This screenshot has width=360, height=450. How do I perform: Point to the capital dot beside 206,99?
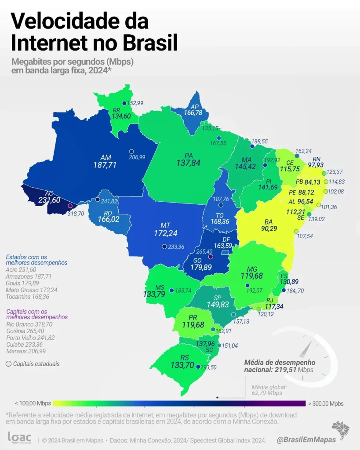pyautogui.click(x=131, y=152)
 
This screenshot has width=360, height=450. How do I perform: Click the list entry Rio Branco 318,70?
pyautogui.click(x=30, y=324)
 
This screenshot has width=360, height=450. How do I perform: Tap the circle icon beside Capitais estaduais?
pyautogui.click(x=9, y=364)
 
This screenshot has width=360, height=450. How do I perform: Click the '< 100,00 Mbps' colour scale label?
pyautogui.click(x=33, y=403)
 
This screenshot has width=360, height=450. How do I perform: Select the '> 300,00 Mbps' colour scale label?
pyautogui.click(x=326, y=403)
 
